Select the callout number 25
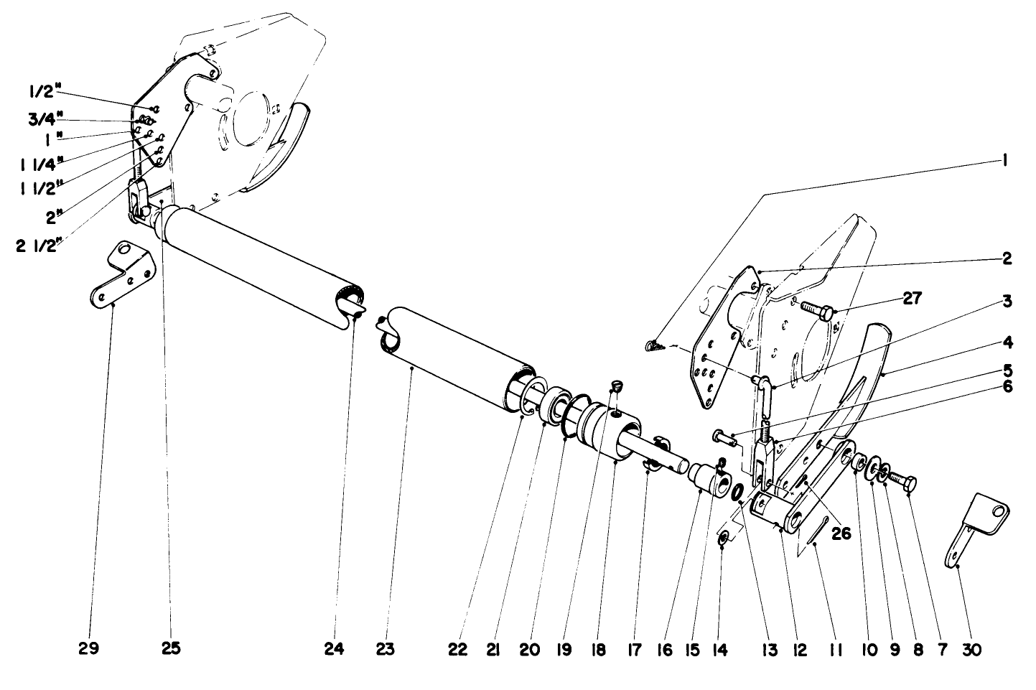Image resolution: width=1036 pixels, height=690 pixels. point(170,650)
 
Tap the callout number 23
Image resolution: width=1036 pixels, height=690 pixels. point(386,650)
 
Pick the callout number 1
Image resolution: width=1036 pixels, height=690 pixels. point(1007,162)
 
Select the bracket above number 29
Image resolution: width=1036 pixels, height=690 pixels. point(123,276)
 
